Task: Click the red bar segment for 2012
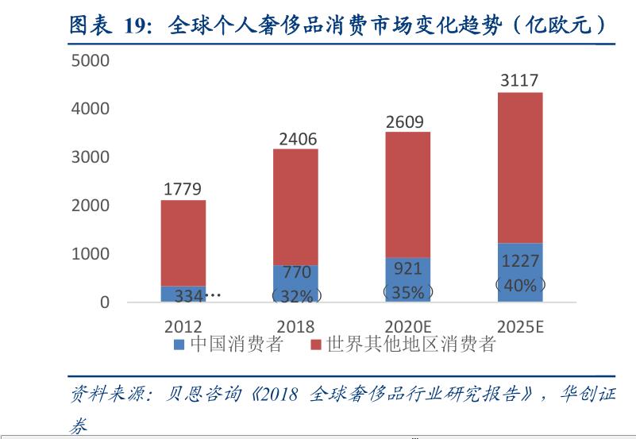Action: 183,242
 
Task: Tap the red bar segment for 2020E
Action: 407,194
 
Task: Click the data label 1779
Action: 183,189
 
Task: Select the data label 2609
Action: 405,122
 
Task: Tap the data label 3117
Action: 519,80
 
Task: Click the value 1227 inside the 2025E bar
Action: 520,262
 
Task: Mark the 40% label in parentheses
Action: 520,285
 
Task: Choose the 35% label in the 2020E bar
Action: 407,292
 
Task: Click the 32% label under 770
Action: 295,296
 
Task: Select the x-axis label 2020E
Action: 407,326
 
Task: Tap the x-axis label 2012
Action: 183,326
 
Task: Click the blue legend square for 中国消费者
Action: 179,345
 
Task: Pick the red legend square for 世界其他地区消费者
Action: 315,345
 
